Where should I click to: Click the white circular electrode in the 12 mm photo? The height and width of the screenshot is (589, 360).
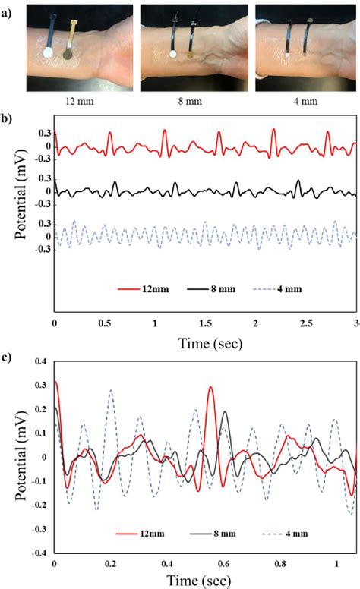[x=46, y=53]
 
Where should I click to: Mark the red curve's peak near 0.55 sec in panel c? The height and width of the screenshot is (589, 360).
[x=210, y=388]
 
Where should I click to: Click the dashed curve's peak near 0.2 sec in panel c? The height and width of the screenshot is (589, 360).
[x=111, y=391]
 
